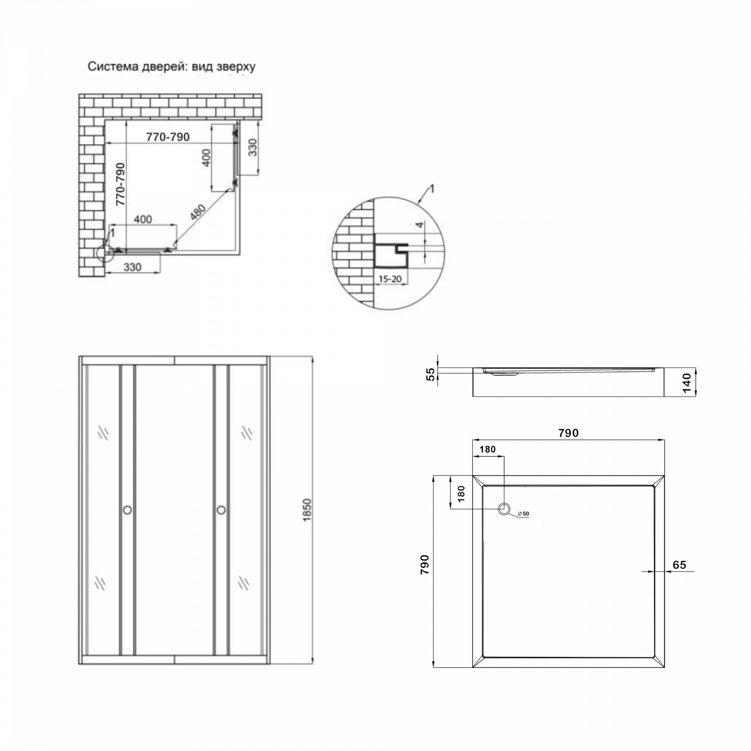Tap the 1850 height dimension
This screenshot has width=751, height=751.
point(307,510)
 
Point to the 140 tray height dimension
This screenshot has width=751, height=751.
point(687,383)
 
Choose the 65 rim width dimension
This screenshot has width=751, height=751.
point(679,565)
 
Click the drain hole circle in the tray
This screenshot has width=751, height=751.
point(504,509)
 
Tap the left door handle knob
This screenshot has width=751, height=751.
point(127,510)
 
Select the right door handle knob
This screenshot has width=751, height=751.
point(221,510)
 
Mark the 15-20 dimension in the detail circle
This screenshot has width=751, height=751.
point(390,279)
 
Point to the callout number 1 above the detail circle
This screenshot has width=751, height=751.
point(432,189)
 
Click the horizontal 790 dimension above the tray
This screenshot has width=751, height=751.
point(568,433)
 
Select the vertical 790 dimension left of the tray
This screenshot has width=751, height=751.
point(425,564)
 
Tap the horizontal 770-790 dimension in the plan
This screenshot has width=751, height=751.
point(168,137)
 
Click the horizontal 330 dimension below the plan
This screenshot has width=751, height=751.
point(132,267)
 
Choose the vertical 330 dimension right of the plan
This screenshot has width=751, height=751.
point(252,147)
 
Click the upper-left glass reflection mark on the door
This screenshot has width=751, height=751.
point(103,433)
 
